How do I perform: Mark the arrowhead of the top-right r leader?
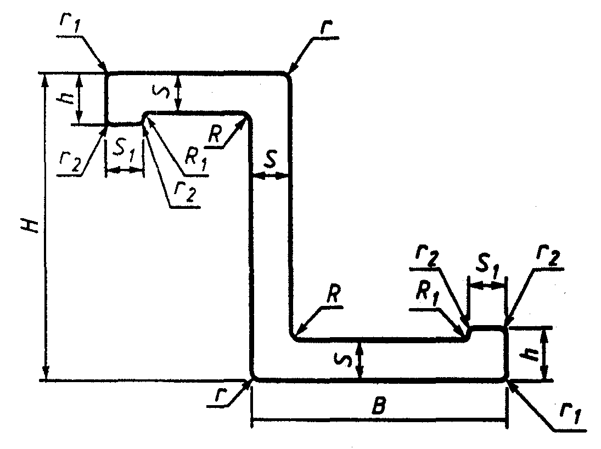pyautogui.click(x=289, y=72)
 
